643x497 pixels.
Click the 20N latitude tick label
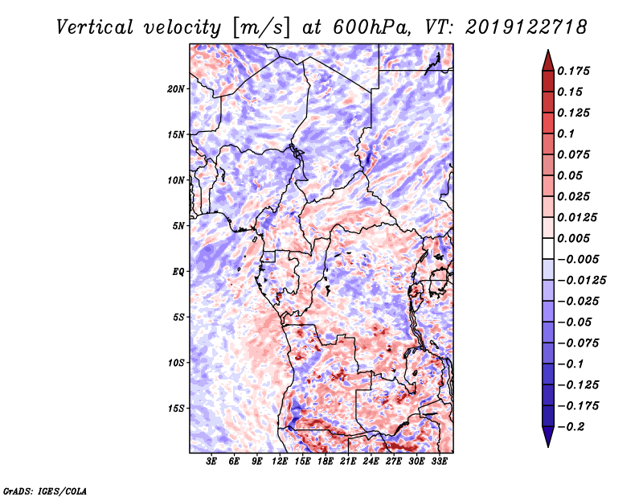pyautogui.click(x=175, y=88)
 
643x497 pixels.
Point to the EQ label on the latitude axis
pyautogui.click(x=178, y=272)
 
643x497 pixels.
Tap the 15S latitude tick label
pyautogui.click(x=176, y=409)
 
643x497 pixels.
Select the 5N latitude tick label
pyautogui.click(x=178, y=226)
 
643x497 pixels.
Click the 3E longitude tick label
pyautogui.click(x=211, y=462)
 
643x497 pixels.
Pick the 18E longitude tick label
pyautogui.click(x=325, y=462)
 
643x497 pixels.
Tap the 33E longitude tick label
pyautogui.click(x=439, y=462)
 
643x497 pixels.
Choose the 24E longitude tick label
pyautogui.click(x=371, y=462)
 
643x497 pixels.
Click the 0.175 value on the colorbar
pyautogui.click(x=573, y=71)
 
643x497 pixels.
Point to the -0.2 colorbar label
pyautogui.click(x=571, y=427)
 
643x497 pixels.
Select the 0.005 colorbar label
pyautogui.click(x=573, y=238)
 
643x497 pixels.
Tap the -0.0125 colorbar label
pyautogui.click(x=581, y=281)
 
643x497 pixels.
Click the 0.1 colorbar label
pyautogui.click(x=566, y=133)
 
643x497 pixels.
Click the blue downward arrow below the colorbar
pyautogui.click(x=548, y=436)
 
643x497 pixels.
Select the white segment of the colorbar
pyautogui.click(x=548, y=249)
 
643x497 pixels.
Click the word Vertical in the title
pyautogui.click(x=95, y=27)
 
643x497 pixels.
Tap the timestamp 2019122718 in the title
pyautogui.click(x=526, y=27)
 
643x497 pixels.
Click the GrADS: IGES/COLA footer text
pyautogui.click(x=45, y=491)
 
